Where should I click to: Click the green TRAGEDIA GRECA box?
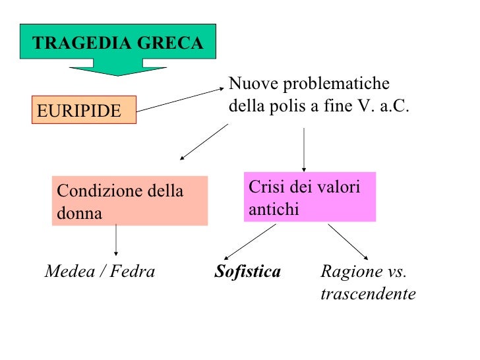click(x=118, y=44)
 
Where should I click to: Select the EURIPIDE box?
click(x=83, y=110)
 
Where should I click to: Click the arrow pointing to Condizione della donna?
click(x=203, y=142)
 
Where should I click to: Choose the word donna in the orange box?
click(x=79, y=213)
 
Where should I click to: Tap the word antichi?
click(x=274, y=209)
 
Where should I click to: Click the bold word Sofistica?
click(x=248, y=272)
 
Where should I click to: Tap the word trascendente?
click(x=368, y=293)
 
